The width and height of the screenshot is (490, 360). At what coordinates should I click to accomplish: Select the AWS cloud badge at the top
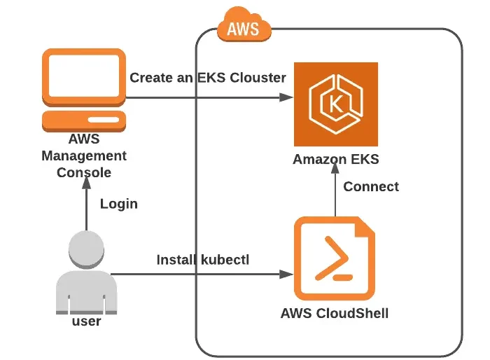pyautogui.click(x=242, y=28)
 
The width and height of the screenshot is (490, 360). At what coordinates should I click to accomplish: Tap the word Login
pyautogui.click(x=119, y=204)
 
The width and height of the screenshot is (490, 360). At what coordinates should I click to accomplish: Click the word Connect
pyautogui.click(x=371, y=186)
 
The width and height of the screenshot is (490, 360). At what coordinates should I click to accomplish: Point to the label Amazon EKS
pyautogui.click(x=336, y=159)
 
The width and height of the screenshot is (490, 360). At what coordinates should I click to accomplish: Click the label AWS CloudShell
pyautogui.click(x=335, y=313)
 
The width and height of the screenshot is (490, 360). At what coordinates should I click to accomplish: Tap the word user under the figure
pyautogui.click(x=86, y=321)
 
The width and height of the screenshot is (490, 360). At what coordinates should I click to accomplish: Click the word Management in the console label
pyautogui.click(x=84, y=155)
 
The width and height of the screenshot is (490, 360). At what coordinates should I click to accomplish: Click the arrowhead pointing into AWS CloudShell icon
pyautogui.click(x=287, y=273)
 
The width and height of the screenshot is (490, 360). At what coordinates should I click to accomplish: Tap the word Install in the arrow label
pyautogui.click(x=177, y=260)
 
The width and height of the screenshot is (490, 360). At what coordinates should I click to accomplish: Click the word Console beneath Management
pyautogui.click(x=84, y=172)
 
